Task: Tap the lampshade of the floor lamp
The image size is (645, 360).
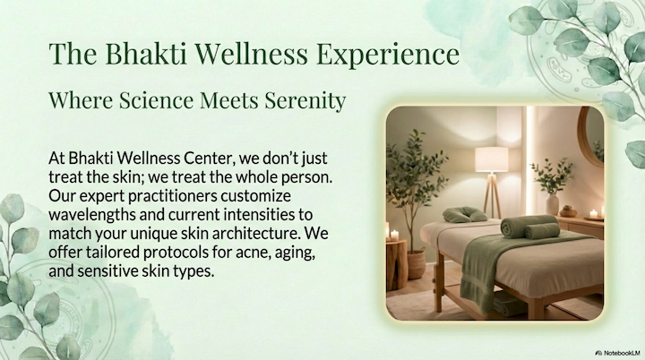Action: click(x=491, y=159)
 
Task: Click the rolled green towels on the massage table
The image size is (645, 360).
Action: click(x=529, y=227)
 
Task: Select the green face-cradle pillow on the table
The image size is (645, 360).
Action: click(x=466, y=214)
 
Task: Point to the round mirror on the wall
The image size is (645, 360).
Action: click(x=591, y=134)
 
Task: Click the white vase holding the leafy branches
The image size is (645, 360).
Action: click(x=552, y=204)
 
